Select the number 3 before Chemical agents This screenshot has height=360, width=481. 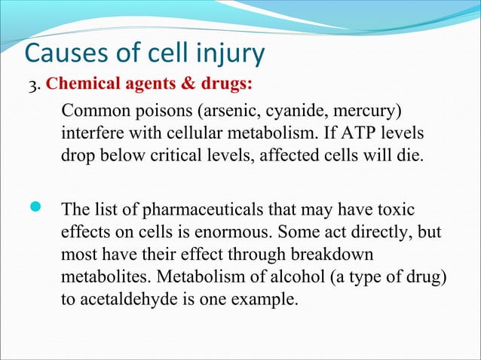pos(32,84)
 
